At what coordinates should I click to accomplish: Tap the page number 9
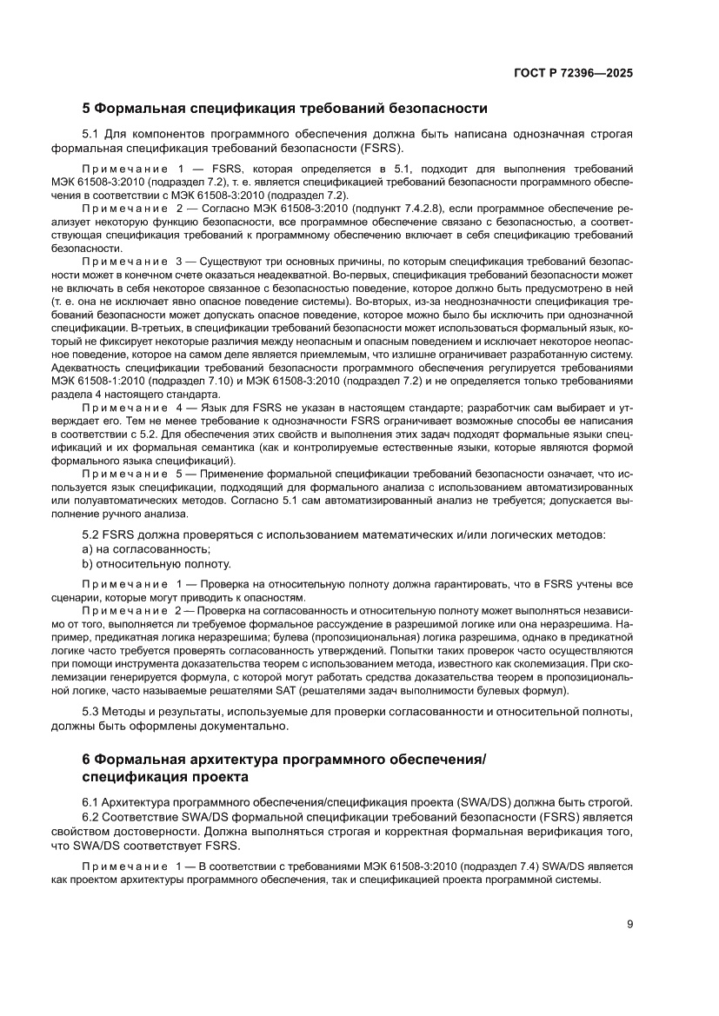tap(629, 924)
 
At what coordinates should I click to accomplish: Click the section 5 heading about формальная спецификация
tap(283, 109)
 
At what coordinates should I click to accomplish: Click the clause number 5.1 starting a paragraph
tap(90, 134)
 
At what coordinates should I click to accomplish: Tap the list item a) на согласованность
tap(146, 548)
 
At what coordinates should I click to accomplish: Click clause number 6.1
tap(90, 801)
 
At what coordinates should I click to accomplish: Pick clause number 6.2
tap(90, 817)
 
